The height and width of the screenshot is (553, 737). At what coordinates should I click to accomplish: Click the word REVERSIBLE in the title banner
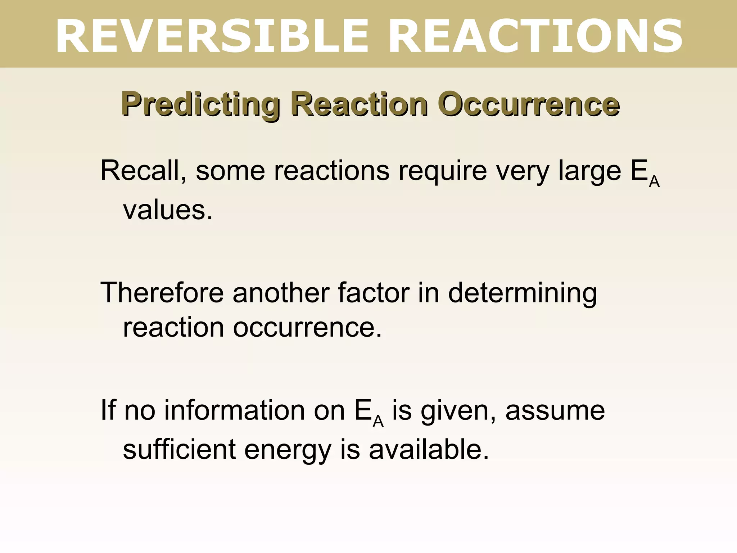coord(212,36)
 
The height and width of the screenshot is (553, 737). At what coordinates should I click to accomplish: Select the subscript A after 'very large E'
coord(654,182)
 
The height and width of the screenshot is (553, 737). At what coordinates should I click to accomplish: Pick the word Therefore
coord(162,292)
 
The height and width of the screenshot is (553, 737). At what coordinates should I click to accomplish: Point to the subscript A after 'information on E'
coord(378,421)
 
